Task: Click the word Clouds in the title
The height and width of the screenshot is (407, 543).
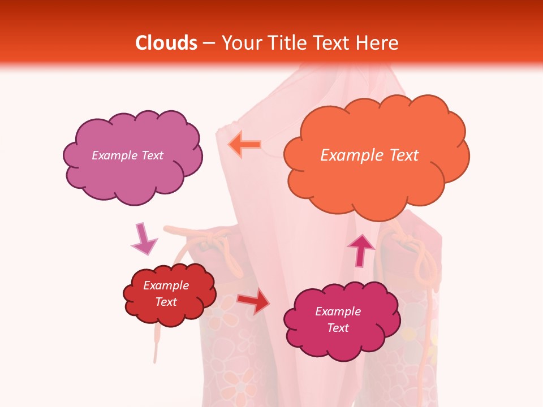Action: point(166,43)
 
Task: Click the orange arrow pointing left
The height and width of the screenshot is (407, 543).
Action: point(244,145)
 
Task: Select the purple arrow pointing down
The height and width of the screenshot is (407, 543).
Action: point(143,239)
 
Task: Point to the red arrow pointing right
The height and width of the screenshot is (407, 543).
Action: point(253,301)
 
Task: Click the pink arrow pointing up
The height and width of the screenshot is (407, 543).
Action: point(360,250)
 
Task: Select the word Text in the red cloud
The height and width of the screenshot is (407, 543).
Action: point(166,302)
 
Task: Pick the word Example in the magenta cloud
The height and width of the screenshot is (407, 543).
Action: point(338,311)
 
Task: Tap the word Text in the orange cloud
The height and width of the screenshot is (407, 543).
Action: point(403,155)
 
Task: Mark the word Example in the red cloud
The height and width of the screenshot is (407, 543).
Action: point(166,285)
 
